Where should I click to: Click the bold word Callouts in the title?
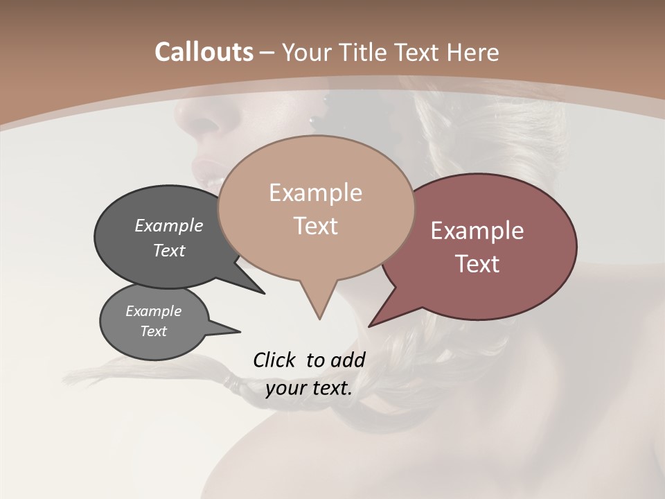[204, 52]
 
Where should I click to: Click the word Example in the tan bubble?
[315, 193]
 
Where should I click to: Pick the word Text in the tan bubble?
[315, 226]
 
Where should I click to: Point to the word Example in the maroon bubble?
[477, 231]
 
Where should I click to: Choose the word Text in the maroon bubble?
[477, 264]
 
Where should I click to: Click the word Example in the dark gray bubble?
[169, 225]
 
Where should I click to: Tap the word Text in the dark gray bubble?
[169, 250]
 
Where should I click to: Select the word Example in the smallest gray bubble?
[153, 311]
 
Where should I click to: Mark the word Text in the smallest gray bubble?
[153, 331]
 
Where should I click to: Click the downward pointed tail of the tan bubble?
[319, 312]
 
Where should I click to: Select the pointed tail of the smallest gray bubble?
[232, 330]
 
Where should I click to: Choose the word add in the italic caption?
[348, 360]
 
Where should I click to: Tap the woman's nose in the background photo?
[211, 125]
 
